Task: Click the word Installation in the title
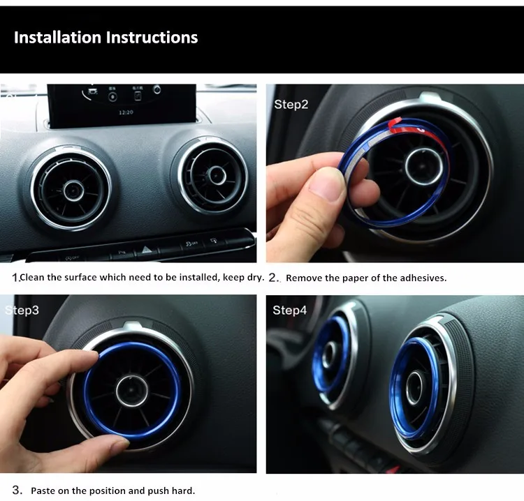[x=57, y=37]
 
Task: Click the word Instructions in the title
[x=152, y=37]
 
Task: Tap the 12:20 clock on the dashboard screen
[x=126, y=112]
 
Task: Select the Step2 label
[x=291, y=105]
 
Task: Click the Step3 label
[x=22, y=310]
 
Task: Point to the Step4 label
[x=290, y=310]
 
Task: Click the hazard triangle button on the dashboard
[x=146, y=249]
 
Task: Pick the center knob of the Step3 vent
[x=132, y=391]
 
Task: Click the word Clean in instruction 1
[x=33, y=278]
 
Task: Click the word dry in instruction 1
[x=256, y=278]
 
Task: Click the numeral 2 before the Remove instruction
[x=272, y=278]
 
